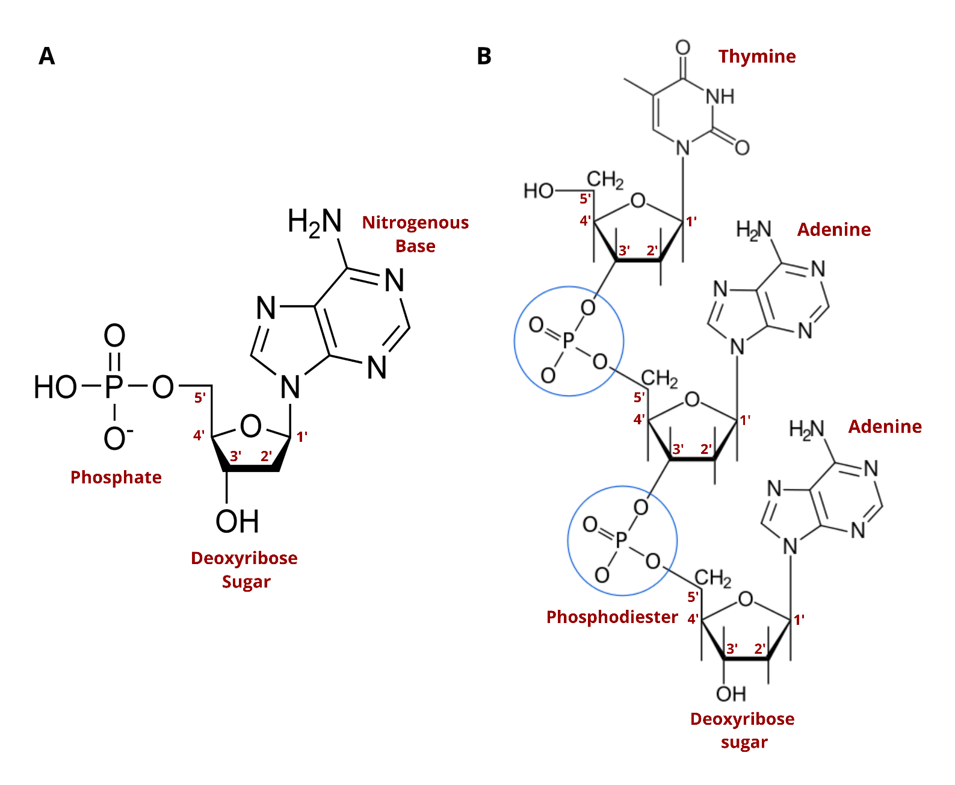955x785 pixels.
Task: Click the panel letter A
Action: pos(46,56)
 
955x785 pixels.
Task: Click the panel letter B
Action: pos(484,56)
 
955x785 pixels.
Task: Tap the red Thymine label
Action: pos(756,56)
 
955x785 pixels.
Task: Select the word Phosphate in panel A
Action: pos(116,477)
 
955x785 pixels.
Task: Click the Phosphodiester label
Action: pos(611,617)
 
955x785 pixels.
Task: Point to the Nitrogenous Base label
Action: pos(415,234)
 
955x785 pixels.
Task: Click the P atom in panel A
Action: pos(114,387)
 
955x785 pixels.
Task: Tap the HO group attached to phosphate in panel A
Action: pos(55,387)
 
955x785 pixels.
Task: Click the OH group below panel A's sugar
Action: pos(237,521)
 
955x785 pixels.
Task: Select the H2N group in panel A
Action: pos(315,222)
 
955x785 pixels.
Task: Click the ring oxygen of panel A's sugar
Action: pos(250,426)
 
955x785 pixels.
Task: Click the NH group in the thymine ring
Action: pos(720,96)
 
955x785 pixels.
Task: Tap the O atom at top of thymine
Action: pos(682,48)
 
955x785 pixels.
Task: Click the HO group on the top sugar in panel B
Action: pos(538,191)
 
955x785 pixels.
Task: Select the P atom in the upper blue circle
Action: pos(568,341)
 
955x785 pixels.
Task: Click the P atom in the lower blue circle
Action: pos(622,540)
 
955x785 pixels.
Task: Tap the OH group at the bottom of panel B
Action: pos(731,693)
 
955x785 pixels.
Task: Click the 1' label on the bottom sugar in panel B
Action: pos(799,619)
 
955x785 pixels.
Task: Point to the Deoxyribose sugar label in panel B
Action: pos(743,730)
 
